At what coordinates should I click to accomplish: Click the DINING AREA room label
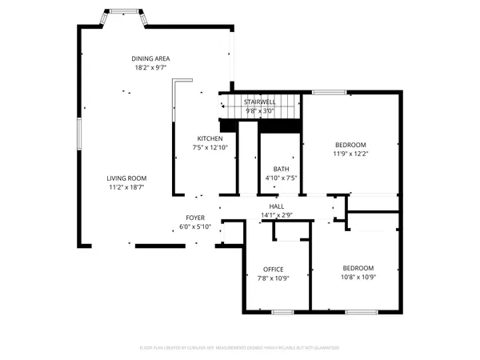(151, 58)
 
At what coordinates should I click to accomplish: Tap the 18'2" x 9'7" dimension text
(151, 67)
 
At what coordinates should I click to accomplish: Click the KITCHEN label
(210, 138)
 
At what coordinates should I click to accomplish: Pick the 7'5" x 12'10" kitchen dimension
(210, 147)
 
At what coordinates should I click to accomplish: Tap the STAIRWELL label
(260, 102)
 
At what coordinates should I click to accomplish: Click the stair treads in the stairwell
(260, 105)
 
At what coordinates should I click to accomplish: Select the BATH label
(281, 169)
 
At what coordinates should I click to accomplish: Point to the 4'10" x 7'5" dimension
(281, 178)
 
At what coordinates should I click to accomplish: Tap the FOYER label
(195, 218)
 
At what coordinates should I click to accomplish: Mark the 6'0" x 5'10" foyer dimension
(195, 226)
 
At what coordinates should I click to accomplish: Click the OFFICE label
(274, 269)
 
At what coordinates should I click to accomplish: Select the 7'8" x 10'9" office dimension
(274, 278)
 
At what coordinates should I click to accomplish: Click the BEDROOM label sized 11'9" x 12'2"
(350, 145)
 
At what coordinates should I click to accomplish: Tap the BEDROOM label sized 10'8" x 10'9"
(358, 269)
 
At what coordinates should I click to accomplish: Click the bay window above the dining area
(122, 14)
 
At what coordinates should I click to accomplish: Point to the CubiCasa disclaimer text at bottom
(239, 348)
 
